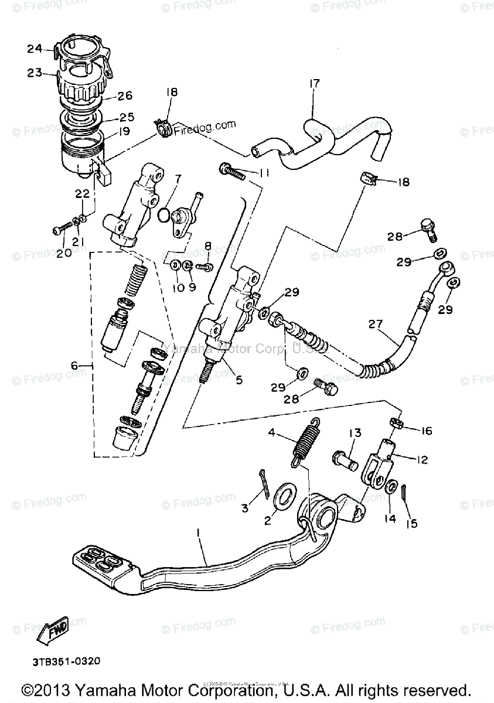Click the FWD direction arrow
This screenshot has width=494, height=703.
pos(53,631)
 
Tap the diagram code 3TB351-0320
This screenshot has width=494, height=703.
pos(66,661)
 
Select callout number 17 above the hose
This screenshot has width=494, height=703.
pos(314,84)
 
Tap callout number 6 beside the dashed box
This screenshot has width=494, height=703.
pos(74,365)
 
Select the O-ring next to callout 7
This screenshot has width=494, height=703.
pos(166,216)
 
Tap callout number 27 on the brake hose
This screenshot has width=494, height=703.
pos(375,325)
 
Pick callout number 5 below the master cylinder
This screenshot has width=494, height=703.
pos(239,380)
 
